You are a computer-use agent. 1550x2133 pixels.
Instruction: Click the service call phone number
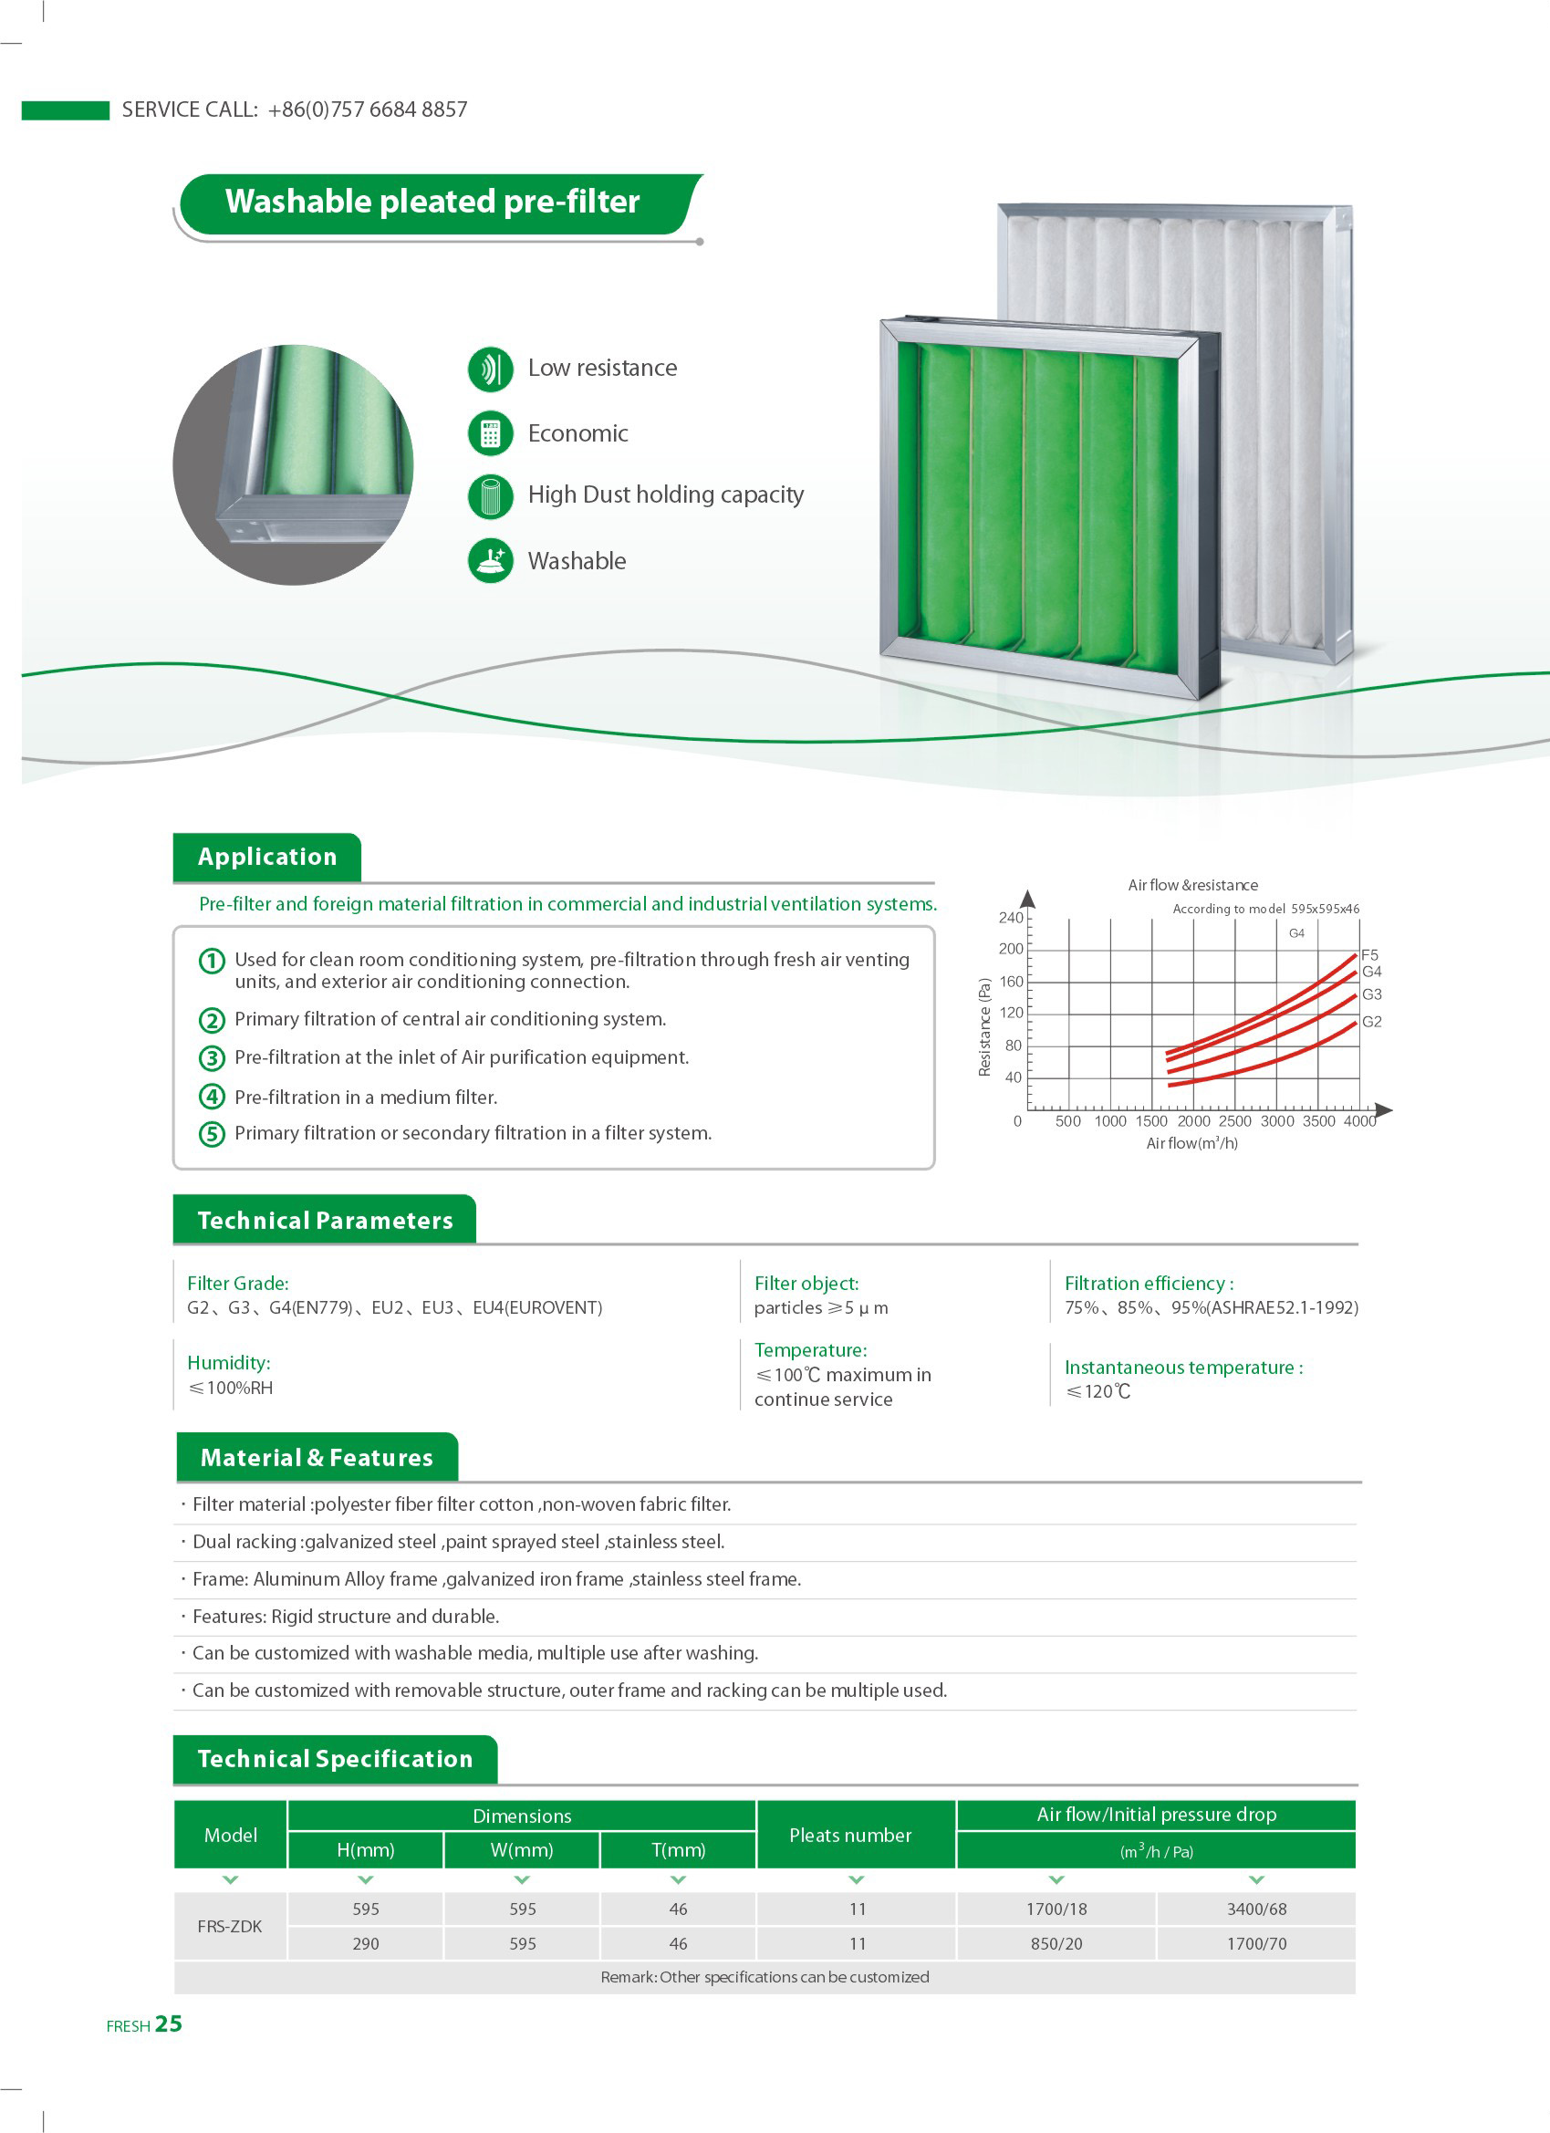[x=367, y=110]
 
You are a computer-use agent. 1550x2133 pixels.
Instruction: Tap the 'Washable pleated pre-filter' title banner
[x=432, y=203]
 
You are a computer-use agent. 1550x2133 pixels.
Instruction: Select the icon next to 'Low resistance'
[x=490, y=369]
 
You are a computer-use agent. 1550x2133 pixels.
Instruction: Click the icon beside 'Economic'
[x=490, y=433]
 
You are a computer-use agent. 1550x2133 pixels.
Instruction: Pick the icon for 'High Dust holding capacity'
[x=490, y=495]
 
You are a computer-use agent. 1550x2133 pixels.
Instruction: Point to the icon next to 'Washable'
[x=490, y=560]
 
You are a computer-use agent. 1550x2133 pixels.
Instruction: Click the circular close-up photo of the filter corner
[x=293, y=464]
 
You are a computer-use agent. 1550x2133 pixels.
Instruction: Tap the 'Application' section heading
[x=267, y=857]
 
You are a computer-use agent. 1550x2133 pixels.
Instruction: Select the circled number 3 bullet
[x=212, y=1058]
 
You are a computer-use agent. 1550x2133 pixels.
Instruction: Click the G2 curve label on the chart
[x=1371, y=1023]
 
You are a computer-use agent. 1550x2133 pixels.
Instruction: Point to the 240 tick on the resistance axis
[x=1011, y=918]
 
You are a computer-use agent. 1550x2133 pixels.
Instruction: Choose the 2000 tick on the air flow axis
[x=1193, y=1121]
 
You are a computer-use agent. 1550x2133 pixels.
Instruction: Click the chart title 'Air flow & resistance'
[x=1192, y=885]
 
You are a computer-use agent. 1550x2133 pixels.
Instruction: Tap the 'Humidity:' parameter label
[x=229, y=1363]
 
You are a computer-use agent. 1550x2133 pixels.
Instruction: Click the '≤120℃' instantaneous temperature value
[x=1098, y=1392]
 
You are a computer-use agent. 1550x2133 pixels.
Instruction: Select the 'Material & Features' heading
[x=317, y=1458]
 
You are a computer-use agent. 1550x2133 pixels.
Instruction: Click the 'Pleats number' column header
[x=850, y=1835]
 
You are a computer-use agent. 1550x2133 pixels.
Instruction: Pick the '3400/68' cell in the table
[x=1255, y=1909]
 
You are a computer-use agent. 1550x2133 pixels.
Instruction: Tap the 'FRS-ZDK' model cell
[x=230, y=1926]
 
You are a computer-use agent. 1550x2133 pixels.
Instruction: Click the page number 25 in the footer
[x=169, y=2024]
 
